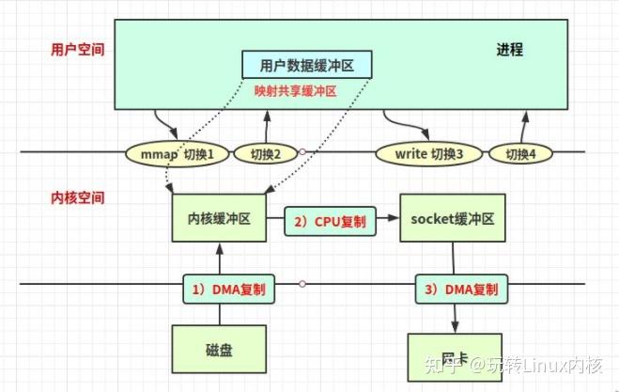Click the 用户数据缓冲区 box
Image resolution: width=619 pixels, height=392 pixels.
[307, 65]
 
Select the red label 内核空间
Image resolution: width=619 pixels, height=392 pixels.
[77, 198]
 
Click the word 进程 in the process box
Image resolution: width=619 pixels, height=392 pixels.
[510, 49]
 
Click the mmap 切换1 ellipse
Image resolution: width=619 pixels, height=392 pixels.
[177, 152]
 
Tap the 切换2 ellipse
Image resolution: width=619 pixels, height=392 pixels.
[265, 152]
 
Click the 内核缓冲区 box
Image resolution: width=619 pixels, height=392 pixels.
[218, 219]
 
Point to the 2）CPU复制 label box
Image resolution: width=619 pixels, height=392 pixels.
[330, 220]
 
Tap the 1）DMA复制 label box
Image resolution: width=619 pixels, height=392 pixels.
[229, 289]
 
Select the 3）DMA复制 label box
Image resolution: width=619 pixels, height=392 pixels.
[460, 289]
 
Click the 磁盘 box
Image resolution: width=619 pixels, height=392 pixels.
[218, 349]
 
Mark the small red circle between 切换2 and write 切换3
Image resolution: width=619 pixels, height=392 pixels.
[302, 152]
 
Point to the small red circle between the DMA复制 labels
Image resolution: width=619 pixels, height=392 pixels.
[302, 283]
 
